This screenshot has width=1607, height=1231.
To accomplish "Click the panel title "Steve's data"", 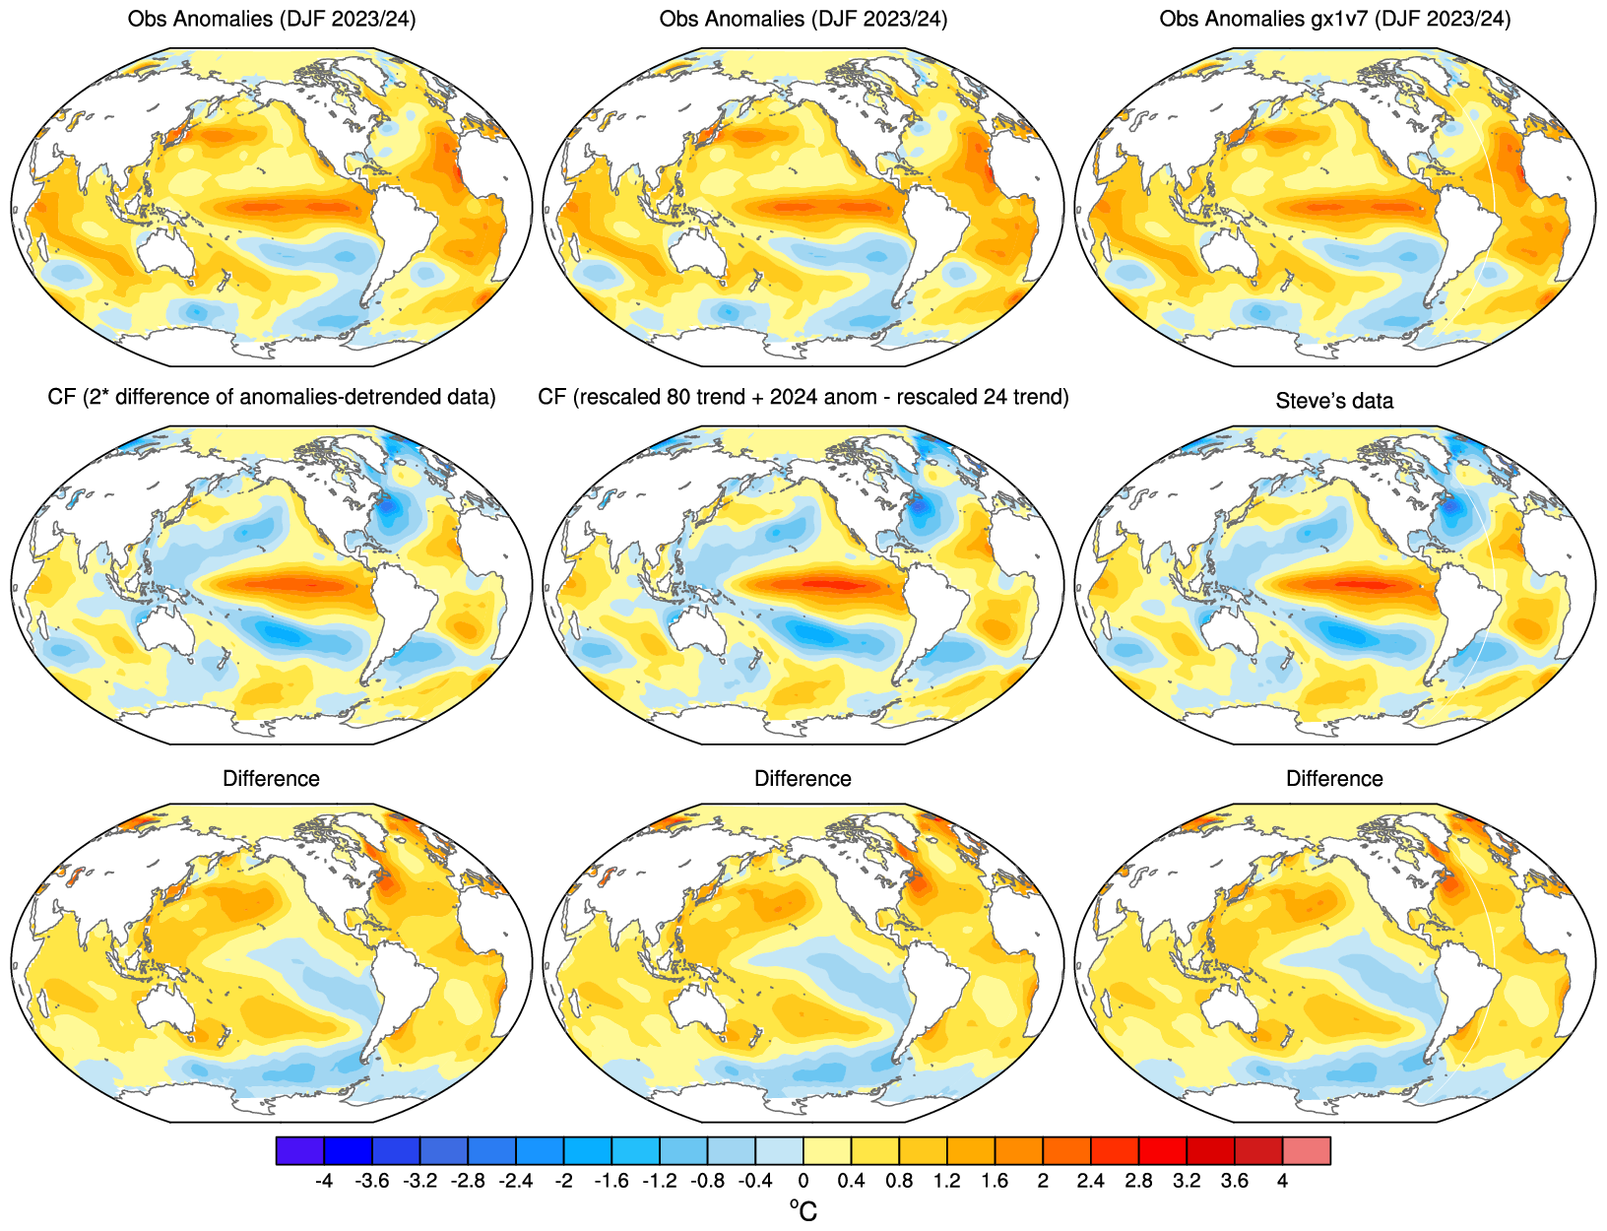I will coord(1334,401).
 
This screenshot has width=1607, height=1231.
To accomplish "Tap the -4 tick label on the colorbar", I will coord(323,1181).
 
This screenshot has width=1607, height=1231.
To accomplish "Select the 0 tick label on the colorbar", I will coord(803,1181).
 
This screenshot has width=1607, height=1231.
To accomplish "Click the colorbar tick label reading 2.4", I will coord(1090,1181).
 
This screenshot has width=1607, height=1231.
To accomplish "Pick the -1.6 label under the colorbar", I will coord(611,1181).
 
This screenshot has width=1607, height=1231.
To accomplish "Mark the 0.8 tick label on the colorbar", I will coord(899,1181).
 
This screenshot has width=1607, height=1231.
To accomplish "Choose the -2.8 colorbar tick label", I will coord(467,1181).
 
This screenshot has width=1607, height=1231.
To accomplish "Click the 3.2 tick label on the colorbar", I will coord(1187,1181).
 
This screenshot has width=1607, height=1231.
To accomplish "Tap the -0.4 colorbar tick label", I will coord(754,1181).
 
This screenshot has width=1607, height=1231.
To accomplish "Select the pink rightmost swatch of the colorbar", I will coord(1307,1150).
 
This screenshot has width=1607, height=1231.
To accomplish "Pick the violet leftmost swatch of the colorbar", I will coord(299,1150).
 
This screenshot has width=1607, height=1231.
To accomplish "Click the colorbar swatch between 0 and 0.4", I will coord(827,1150).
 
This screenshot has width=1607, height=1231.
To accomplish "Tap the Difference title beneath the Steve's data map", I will coord(1334,779).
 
